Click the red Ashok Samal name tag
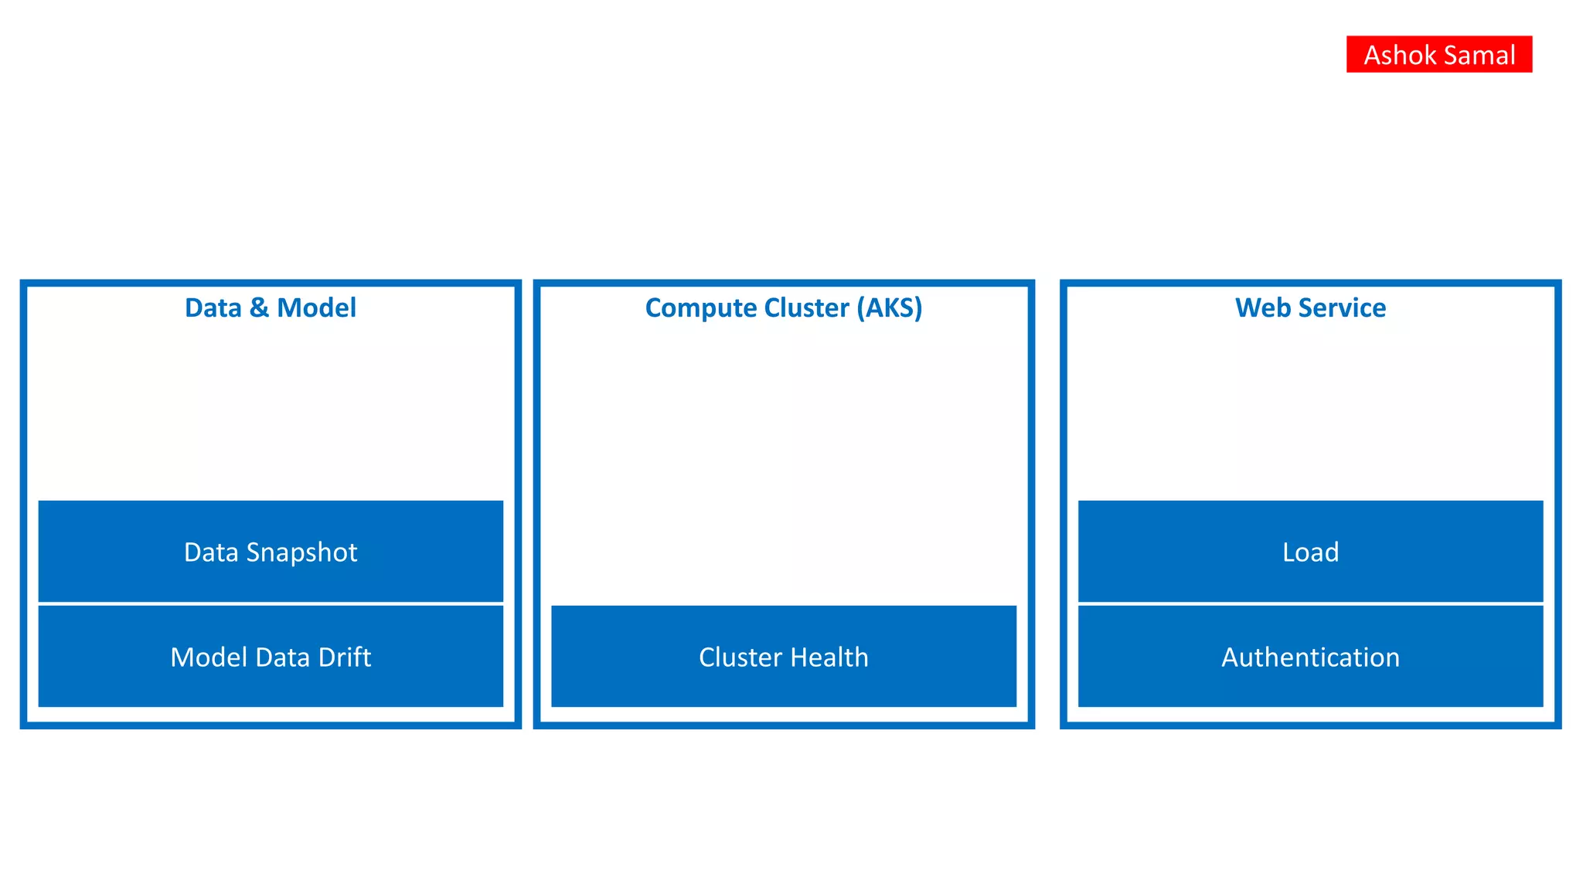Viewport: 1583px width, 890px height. click(x=1438, y=54)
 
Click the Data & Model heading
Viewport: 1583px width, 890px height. click(x=271, y=307)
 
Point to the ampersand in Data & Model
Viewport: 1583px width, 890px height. click(x=259, y=307)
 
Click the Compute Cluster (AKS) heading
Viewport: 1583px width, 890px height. click(x=784, y=307)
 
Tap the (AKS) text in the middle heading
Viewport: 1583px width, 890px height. click(x=889, y=307)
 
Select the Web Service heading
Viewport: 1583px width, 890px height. click(x=1310, y=307)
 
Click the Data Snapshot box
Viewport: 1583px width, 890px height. click(x=271, y=551)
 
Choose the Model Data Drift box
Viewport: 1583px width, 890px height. click(x=271, y=656)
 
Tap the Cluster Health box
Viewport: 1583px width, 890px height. click(x=784, y=656)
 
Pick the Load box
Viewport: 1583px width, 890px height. click(x=1310, y=551)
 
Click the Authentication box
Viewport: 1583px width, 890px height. click(x=1310, y=656)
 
